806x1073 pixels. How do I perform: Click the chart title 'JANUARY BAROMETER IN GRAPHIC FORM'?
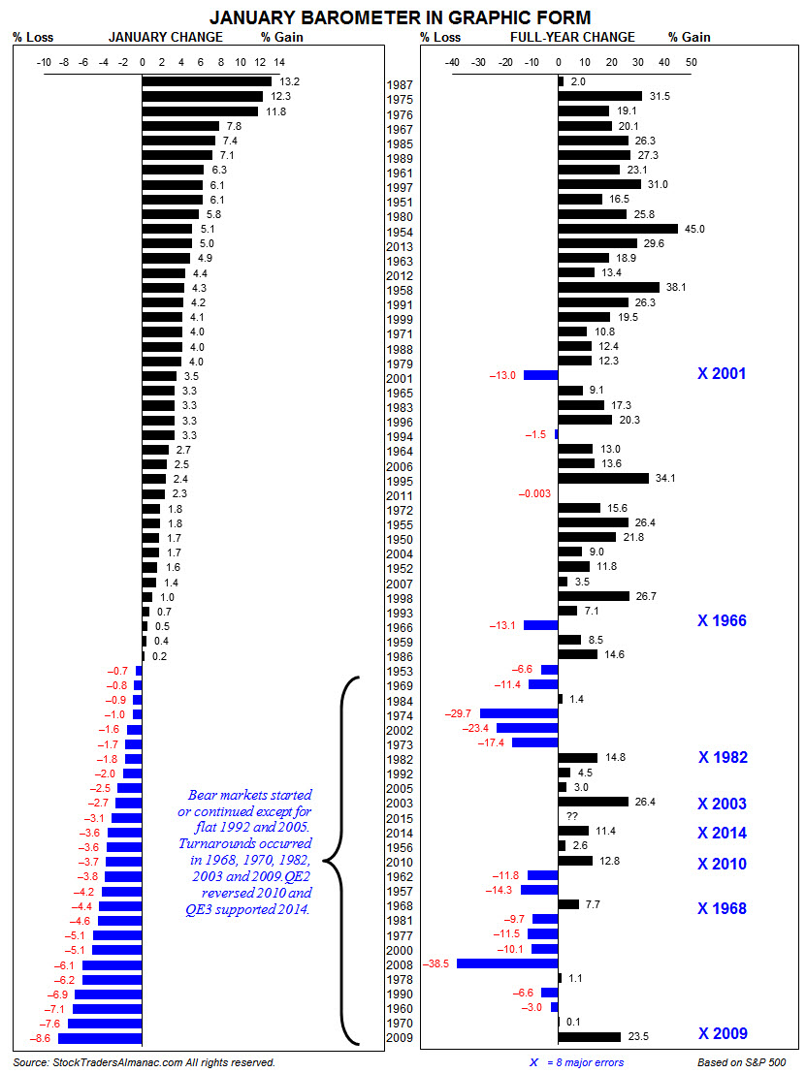coord(401,17)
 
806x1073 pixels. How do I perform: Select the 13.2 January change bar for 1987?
coord(207,81)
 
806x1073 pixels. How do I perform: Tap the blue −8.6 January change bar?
coord(100,1038)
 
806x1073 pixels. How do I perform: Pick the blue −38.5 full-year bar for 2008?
coord(507,964)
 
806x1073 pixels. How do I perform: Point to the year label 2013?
coord(400,247)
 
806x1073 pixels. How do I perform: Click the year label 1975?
coord(400,100)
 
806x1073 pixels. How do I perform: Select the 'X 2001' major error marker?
coord(722,373)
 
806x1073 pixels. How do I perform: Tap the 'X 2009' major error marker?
coord(722,1033)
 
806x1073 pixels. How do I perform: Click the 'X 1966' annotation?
coord(722,620)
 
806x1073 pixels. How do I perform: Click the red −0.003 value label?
coord(535,493)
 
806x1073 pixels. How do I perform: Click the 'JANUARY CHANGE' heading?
coord(165,38)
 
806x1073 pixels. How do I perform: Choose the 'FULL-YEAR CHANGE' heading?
coord(572,38)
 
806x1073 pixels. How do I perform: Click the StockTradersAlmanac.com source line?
coord(145,1062)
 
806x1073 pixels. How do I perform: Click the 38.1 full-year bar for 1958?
coord(608,288)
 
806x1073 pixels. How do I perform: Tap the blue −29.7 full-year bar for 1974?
coord(519,713)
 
